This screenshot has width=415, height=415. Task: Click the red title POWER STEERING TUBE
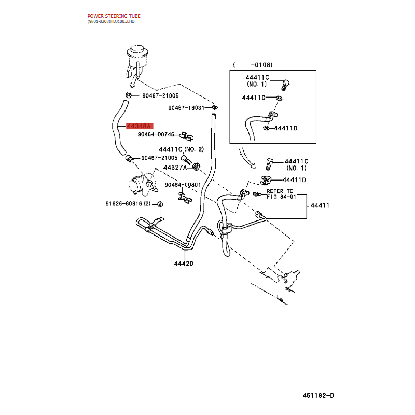point(114,16)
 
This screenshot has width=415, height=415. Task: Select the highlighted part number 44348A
point(140,126)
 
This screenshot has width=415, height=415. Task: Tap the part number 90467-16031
point(186,108)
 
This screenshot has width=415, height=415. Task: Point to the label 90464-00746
point(156,134)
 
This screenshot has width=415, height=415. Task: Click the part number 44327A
point(175,168)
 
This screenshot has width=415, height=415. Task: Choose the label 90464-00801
point(183,185)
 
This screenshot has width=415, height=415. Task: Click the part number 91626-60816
point(123,203)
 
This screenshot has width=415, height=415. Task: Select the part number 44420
point(184,264)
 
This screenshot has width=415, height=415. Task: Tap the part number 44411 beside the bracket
point(320,205)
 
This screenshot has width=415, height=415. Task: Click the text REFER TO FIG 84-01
point(281,194)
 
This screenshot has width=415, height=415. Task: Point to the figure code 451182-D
point(318,395)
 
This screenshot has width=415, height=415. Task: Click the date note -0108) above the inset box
point(261,65)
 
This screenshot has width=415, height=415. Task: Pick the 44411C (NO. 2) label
point(181,149)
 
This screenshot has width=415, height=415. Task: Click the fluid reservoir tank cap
point(137,50)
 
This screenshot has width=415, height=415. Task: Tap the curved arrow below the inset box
point(246,159)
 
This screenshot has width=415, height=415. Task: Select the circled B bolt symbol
point(160,204)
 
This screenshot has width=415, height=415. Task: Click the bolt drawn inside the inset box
point(285,85)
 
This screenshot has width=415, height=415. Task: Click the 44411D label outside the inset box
point(294,180)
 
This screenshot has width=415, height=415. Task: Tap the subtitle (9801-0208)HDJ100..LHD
point(111,21)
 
